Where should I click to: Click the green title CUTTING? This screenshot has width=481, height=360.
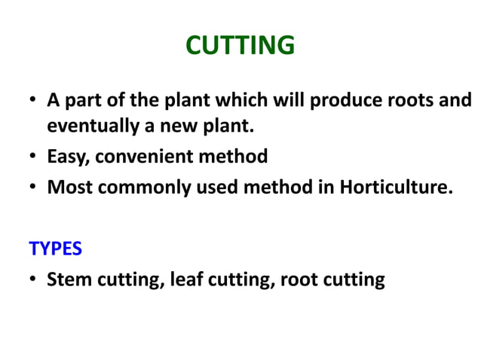240,47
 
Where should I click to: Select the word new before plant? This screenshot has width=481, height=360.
176,127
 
